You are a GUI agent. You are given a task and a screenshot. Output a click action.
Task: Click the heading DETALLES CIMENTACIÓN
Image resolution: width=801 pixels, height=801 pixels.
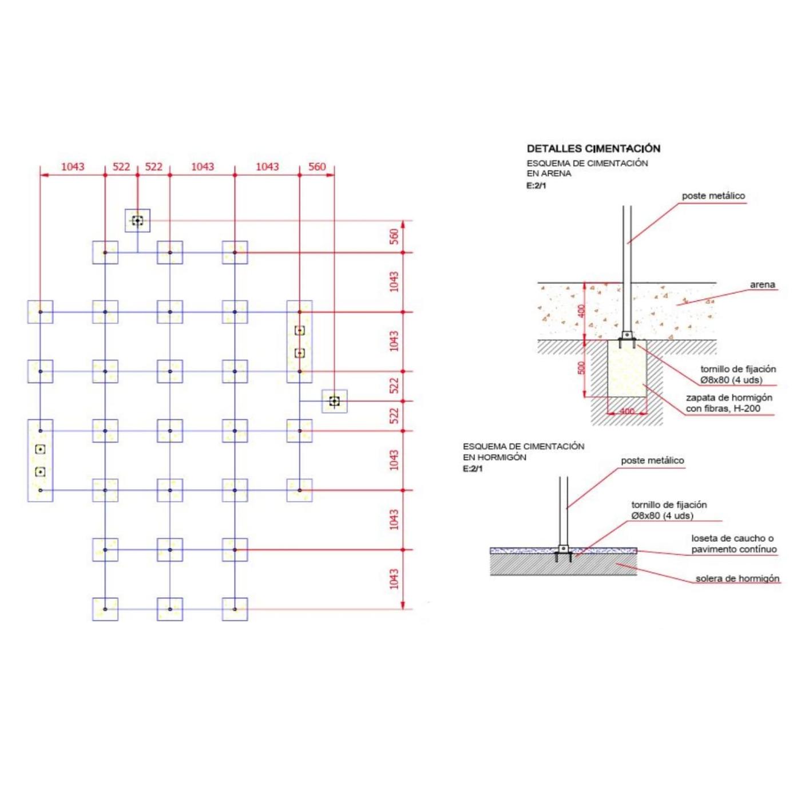tap(593, 148)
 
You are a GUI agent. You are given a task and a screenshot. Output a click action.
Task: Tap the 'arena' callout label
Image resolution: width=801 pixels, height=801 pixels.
tap(762, 285)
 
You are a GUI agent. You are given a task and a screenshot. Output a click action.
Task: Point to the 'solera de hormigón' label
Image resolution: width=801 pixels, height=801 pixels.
tap(737, 578)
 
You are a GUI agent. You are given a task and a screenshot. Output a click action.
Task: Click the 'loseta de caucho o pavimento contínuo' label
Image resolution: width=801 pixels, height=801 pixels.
tap(734, 544)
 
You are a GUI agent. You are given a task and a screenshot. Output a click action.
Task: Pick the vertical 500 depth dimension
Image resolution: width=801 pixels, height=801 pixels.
tap(581, 368)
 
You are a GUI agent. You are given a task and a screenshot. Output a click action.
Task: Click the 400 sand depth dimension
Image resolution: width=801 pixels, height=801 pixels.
tap(581, 311)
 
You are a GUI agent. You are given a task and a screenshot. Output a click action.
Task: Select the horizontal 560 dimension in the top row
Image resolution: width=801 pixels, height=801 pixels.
tap(317, 166)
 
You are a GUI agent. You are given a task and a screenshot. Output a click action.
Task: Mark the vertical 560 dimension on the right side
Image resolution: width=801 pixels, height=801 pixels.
tap(394, 236)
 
